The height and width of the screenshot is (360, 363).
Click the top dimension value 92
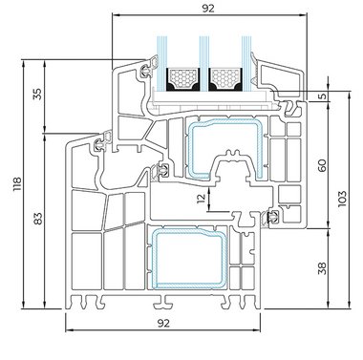208,9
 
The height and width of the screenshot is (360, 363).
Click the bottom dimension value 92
163,324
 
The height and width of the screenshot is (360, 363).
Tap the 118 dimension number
17,184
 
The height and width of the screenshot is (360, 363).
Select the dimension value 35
37,95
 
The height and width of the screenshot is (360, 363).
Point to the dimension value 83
38,219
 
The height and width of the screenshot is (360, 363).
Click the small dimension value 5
323,95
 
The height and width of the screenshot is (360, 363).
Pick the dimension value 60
323,165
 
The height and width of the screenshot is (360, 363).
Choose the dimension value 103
342,199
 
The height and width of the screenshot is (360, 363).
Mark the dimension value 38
323,268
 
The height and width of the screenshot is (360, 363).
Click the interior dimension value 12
202,199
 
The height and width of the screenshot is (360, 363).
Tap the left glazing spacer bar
182,79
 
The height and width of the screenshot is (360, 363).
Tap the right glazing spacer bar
225,79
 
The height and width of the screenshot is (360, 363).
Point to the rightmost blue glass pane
246,62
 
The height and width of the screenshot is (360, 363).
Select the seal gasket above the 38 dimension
271,218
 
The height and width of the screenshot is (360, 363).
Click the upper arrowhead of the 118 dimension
23,63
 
